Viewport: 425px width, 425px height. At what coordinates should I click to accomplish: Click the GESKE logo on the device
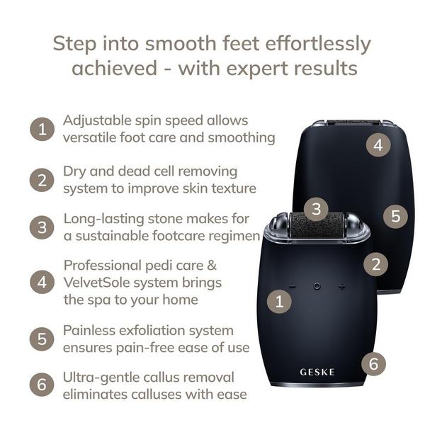[x=317, y=372]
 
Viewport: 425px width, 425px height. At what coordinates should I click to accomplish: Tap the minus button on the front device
[x=293, y=286]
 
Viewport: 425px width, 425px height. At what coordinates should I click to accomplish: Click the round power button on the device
[x=317, y=286]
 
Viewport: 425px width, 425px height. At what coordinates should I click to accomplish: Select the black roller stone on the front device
[x=317, y=226]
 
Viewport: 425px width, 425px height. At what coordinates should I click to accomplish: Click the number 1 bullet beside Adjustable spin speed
[x=42, y=129]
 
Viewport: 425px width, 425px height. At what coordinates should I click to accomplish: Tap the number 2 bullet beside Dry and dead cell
[x=42, y=180]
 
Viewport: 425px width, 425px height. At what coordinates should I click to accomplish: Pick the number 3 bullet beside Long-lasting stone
[x=42, y=227]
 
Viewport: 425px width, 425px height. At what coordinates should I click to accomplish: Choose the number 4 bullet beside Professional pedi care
[x=42, y=282]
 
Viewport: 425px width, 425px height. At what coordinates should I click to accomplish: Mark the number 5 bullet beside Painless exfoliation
[x=42, y=339]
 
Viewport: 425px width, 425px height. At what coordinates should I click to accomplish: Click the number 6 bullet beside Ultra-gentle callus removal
[x=42, y=385]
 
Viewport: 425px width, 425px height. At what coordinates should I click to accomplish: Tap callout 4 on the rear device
[x=378, y=144]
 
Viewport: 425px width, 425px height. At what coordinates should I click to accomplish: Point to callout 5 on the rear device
[x=395, y=216]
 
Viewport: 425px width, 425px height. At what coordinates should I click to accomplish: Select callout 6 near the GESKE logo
[x=373, y=363]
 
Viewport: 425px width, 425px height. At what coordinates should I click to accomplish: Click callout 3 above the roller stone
[x=316, y=209]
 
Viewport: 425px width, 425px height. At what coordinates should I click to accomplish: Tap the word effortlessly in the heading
[x=318, y=44]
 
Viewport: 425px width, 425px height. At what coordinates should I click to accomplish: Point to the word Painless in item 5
[x=89, y=330]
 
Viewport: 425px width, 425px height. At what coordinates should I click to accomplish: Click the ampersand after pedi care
[x=211, y=265]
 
